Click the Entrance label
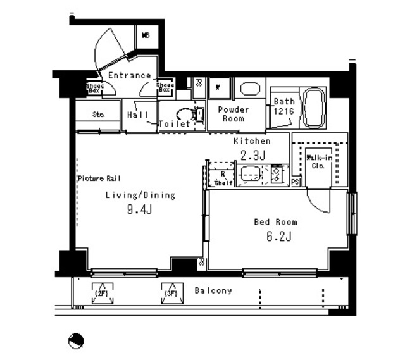click(129, 76)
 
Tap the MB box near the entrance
click(146, 35)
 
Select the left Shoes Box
click(95, 88)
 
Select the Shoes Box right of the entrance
click(165, 87)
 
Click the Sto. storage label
click(98, 115)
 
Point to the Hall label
click(137, 115)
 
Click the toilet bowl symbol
click(184, 114)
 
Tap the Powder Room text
click(233, 114)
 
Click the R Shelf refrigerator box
click(223, 178)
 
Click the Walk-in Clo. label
click(316, 161)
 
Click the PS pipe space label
click(296, 183)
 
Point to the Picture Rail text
click(99, 178)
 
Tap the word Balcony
click(213, 291)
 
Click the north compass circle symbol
click(75, 340)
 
